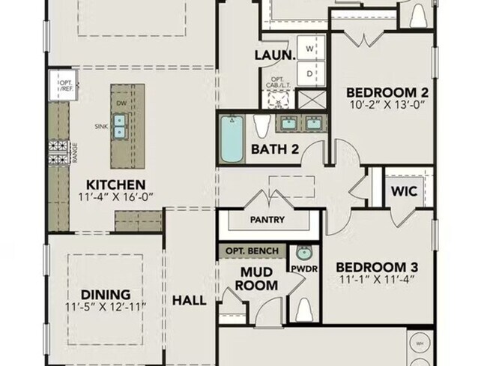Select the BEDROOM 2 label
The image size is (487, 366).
point(387,92)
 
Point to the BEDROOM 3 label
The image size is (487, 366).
point(376,268)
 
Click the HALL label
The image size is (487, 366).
point(189,300)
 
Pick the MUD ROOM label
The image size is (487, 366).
point(258,278)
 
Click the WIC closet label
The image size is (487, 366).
point(405,190)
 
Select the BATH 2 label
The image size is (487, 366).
point(275,148)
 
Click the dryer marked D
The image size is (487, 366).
point(309,73)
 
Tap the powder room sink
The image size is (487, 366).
point(303,252)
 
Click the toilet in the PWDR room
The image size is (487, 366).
point(303,307)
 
